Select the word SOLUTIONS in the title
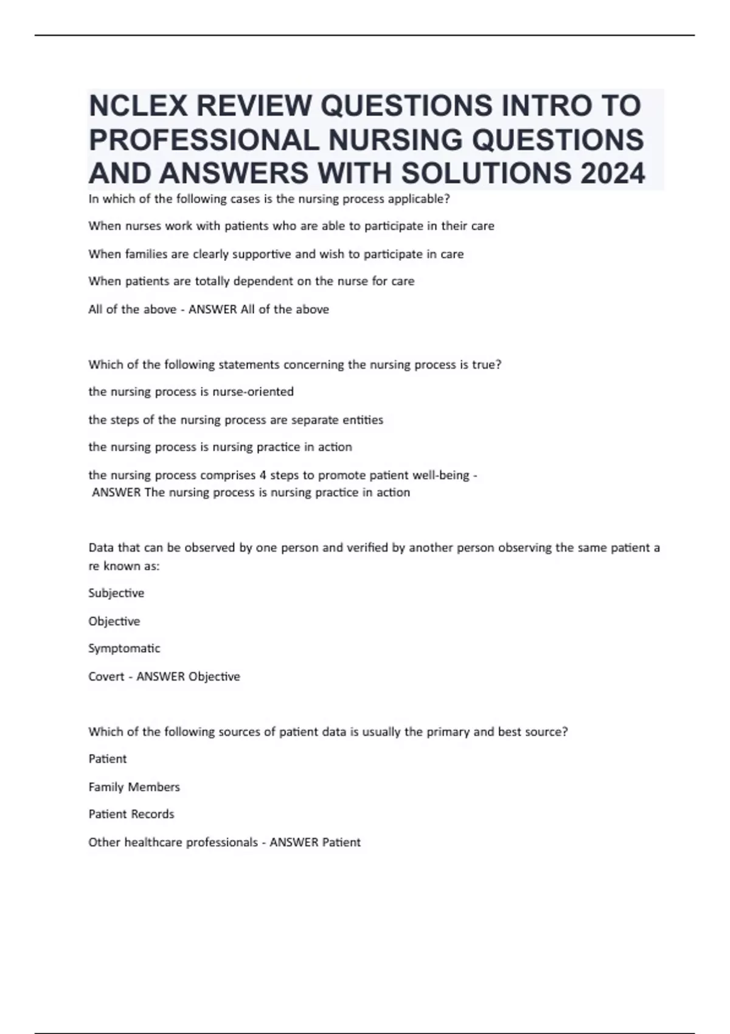click(486, 173)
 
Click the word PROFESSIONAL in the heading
click(204, 140)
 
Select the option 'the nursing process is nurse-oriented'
click(191, 392)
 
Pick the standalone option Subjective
click(116, 593)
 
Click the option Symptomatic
click(124, 648)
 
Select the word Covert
click(106, 676)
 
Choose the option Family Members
click(134, 787)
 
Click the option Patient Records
click(131, 814)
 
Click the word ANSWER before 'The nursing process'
click(116, 492)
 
